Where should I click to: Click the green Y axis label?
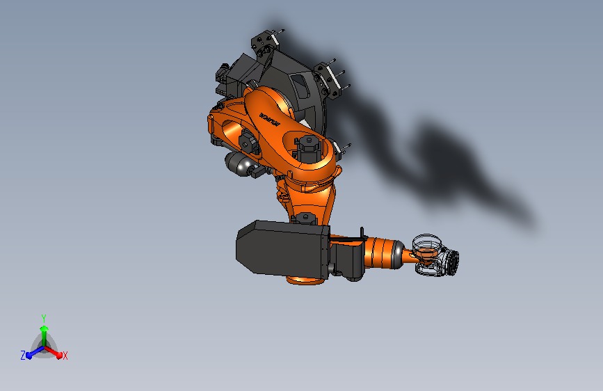pos(43,317)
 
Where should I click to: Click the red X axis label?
pos(65,356)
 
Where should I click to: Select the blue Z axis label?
pos(23,355)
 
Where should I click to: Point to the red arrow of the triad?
pos(55,352)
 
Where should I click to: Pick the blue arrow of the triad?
pos(32,353)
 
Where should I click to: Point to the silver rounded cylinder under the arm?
pos(238,166)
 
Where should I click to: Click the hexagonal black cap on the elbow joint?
pos(307,144)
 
